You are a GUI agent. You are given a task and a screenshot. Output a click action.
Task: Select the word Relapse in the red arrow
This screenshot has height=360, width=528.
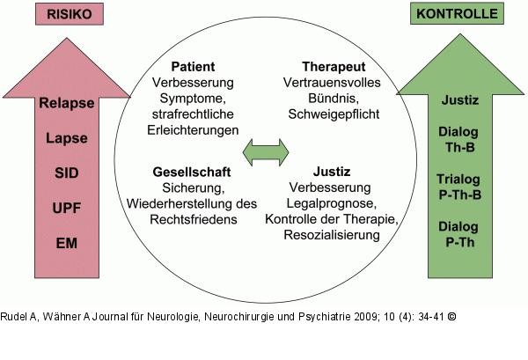[x=67, y=103]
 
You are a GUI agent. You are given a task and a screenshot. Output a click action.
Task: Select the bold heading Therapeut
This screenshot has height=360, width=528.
[x=334, y=66]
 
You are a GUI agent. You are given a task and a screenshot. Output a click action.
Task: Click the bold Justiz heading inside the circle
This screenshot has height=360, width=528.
[x=333, y=172]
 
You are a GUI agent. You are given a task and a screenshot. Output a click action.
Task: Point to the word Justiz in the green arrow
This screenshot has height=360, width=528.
[x=458, y=100]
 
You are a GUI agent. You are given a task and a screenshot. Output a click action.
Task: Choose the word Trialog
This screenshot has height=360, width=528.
[x=458, y=180]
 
